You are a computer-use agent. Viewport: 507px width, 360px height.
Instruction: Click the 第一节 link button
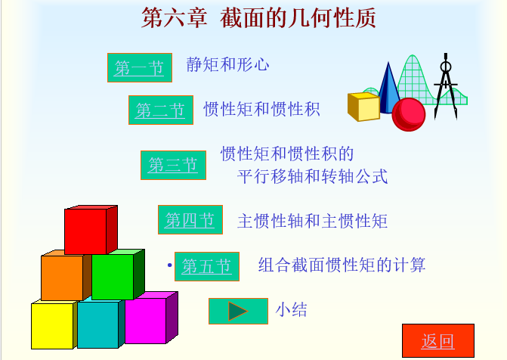point(140,67)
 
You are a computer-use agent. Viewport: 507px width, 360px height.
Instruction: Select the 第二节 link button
point(161,110)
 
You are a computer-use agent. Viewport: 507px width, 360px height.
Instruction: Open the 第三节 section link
point(173,165)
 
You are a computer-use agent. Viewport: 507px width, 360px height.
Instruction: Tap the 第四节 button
point(190,220)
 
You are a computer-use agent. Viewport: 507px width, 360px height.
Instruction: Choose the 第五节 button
point(207,266)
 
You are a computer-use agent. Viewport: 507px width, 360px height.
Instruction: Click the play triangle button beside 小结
point(238,311)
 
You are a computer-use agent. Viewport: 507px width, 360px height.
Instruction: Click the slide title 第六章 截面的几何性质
point(258,18)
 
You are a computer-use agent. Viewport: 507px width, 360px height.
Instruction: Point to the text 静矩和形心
point(227,64)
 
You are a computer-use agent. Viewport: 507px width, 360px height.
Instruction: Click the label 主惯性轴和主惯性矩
point(312,221)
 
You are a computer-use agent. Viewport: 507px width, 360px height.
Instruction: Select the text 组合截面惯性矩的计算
point(342,265)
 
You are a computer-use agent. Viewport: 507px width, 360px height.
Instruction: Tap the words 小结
point(291,309)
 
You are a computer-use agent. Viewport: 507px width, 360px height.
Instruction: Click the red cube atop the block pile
point(91,229)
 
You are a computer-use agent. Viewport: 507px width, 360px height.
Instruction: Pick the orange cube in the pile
point(65,275)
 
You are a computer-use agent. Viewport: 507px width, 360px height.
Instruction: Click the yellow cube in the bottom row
point(54,324)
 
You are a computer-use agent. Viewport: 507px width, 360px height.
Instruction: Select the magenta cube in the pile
point(150,318)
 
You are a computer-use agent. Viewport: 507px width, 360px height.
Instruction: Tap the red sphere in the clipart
point(409,114)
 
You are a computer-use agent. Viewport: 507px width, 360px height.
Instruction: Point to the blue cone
point(388,88)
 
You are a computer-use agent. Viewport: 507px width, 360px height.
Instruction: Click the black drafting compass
point(446,86)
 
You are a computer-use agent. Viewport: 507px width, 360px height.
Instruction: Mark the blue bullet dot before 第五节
point(170,265)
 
